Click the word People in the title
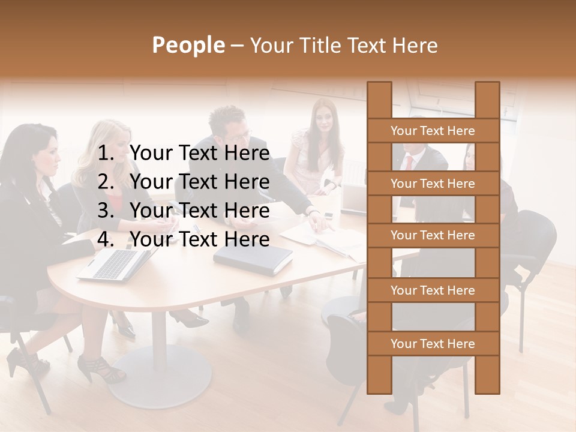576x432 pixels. (x=188, y=45)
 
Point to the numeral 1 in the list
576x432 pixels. (x=105, y=154)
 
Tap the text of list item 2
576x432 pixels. (x=199, y=182)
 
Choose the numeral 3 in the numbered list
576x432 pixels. (x=105, y=211)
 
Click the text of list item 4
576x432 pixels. (x=199, y=240)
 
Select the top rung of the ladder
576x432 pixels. (x=433, y=131)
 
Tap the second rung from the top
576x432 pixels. (x=433, y=184)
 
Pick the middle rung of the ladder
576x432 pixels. (x=433, y=236)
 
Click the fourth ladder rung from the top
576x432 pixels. (x=433, y=290)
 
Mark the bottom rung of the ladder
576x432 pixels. (x=433, y=344)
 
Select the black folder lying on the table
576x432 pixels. (x=253, y=260)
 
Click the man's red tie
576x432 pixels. (x=409, y=162)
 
